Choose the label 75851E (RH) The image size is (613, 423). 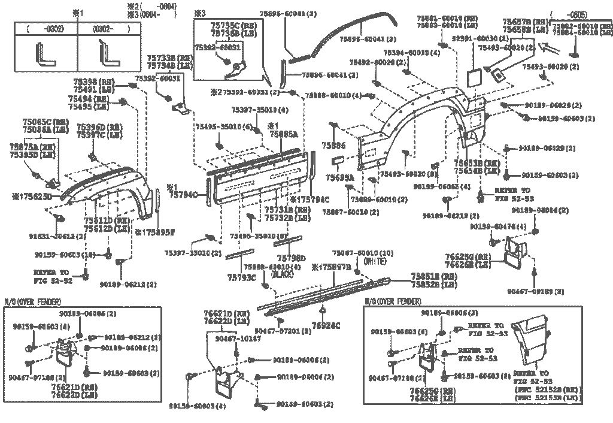(433, 276)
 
